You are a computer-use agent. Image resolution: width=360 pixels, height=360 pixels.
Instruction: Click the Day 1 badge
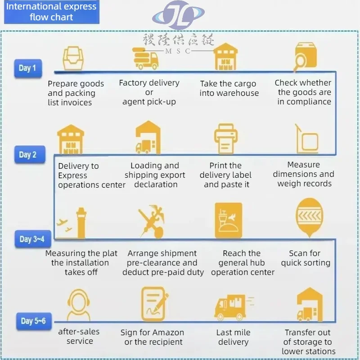27,68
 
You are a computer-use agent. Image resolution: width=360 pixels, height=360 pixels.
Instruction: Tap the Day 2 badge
27,155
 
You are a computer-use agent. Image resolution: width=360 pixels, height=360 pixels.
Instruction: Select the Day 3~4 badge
31,239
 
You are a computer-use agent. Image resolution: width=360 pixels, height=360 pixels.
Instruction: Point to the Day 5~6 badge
33,321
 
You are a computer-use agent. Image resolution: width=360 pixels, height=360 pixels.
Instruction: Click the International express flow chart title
51,12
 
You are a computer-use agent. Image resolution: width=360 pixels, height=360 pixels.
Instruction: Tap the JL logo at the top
179,15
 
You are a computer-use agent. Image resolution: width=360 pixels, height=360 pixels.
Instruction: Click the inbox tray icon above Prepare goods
73,58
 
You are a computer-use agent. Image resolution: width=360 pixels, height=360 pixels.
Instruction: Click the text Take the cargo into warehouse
229,89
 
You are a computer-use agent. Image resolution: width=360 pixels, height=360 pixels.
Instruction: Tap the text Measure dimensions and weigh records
304,174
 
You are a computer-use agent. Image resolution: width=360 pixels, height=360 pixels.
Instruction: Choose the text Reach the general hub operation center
242,263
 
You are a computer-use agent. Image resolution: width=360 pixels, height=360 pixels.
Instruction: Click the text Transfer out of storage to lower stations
308,342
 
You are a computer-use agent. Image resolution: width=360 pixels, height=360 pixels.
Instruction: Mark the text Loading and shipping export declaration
155,175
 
